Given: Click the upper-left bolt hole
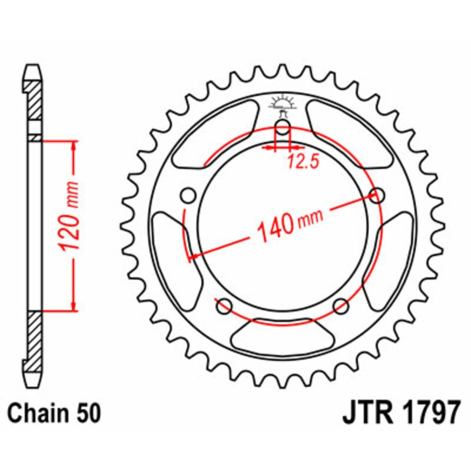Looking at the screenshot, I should (x=189, y=195).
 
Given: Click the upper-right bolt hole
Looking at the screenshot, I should (x=377, y=195).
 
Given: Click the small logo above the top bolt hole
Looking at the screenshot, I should (x=283, y=105).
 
